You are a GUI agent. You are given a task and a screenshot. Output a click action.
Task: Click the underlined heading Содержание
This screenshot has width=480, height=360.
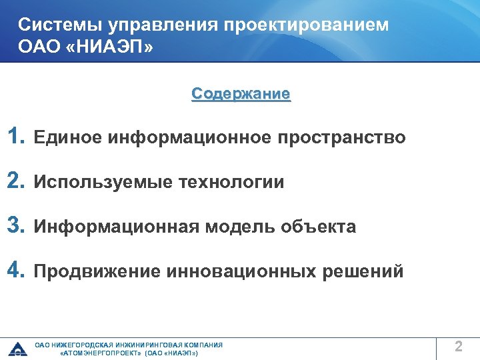coord(241,94)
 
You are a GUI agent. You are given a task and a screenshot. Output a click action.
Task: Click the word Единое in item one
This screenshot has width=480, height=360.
coord(67,138)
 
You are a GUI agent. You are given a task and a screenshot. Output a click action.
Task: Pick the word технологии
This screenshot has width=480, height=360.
coord(231,183)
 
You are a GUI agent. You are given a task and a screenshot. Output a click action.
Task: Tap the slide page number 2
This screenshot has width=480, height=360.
coord(458,347)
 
